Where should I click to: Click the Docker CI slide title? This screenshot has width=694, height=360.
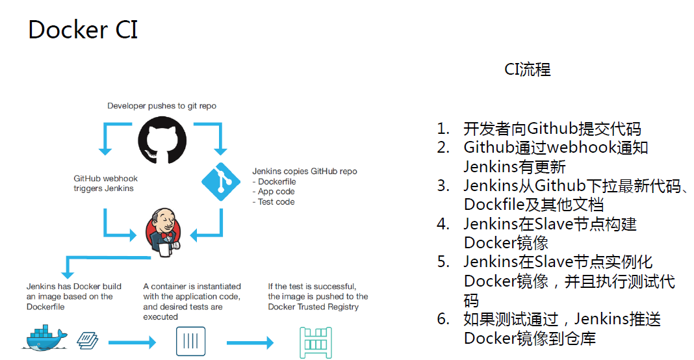point(83,30)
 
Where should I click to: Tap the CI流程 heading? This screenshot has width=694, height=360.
point(527,70)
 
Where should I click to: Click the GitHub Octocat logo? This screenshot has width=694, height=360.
point(162,140)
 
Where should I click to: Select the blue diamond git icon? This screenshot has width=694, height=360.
point(221,181)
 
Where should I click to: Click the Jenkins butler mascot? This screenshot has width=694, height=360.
point(163,233)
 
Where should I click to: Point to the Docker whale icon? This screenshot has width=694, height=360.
point(45,338)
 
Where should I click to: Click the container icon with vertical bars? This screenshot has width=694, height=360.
point(191,341)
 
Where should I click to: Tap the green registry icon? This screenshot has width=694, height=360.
point(316,342)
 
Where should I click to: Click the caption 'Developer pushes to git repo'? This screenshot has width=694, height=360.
point(162,106)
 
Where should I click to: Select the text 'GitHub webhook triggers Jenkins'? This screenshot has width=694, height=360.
point(105,183)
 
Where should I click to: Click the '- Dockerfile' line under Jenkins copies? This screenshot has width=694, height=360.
point(274,181)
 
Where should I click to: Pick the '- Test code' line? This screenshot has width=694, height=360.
point(274,202)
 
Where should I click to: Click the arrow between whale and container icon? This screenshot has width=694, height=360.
point(133,342)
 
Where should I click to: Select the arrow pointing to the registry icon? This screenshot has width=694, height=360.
point(250,342)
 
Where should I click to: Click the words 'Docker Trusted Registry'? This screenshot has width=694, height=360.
point(313,307)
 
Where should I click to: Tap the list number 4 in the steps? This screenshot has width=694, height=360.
point(443,224)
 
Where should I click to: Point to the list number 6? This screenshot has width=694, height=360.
point(443,319)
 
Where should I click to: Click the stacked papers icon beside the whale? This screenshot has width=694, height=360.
point(88,341)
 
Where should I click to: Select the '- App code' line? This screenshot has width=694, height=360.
point(274,192)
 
